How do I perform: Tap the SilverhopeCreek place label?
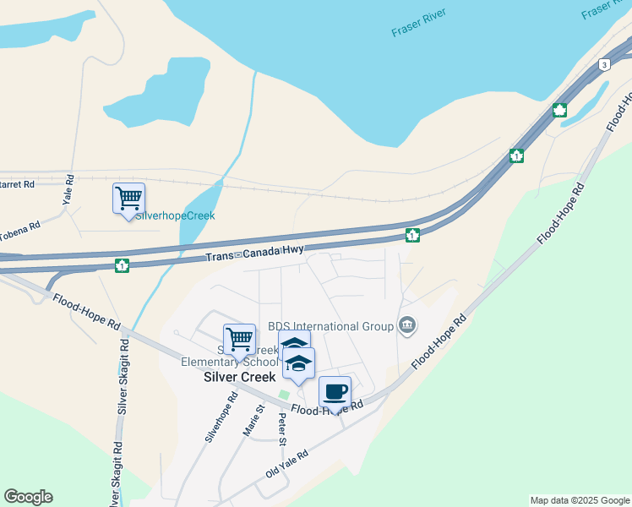pyautogui.click(x=176, y=215)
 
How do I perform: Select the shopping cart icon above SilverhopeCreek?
pyautogui.click(x=128, y=199)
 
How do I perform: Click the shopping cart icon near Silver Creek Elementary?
pyautogui.click(x=240, y=340)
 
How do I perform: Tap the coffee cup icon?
pyautogui.click(x=335, y=391)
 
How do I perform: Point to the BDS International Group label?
pyautogui.click(x=330, y=326)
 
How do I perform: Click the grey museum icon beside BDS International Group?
pyautogui.click(x=407, y=325)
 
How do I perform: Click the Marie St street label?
pyautogui.click(x=254, y=420)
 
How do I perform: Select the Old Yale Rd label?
pyautogui.click(x=286, y=464)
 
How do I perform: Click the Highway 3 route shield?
pyautogui.click(x=603, y=64)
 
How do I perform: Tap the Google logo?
pyautogui.click(x=28, y=497)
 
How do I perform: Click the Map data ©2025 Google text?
pyautogui.click(x=580, y=500)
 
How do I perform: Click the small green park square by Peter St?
pyautogui.click(x=284, y=395)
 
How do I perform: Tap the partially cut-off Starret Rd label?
pyautogui.click(x=17, y=183)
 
